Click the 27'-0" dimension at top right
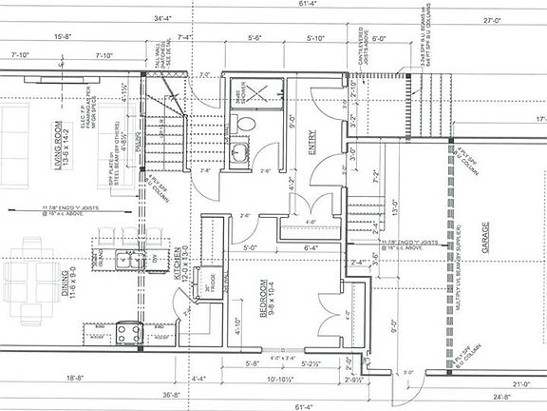tap(493, 19)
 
